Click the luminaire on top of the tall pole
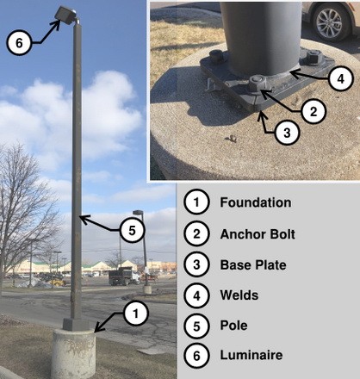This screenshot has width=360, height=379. click(66, 15)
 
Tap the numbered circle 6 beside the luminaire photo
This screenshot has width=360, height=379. click(19, 43)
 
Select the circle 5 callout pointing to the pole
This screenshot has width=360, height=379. click(132, 230)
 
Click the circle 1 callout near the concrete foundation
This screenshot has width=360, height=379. click(136, 314)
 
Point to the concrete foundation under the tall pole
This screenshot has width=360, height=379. click(74, 353)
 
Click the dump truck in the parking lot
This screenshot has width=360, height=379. click(124, 276)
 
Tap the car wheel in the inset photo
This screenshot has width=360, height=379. click(331, 22)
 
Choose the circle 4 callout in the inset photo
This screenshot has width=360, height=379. click(340, 78)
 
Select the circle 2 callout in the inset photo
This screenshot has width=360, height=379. click(313, 111)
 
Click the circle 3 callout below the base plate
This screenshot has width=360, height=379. click(287, 133)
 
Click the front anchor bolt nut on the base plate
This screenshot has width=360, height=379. click(258, 84)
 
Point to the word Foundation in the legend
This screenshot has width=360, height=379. click(256, 202)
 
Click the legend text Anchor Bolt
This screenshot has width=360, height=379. click(258, 234)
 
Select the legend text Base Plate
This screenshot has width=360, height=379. click(253, 264)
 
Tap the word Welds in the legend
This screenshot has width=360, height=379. click(239, 295)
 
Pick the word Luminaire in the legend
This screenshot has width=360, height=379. click(251, 355)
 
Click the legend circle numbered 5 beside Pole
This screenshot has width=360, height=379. click(196, 326)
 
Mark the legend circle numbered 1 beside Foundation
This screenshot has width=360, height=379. click(196, 202)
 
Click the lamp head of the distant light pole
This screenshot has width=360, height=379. click(138, 213)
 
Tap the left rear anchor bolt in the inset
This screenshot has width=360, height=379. click(217, 55)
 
